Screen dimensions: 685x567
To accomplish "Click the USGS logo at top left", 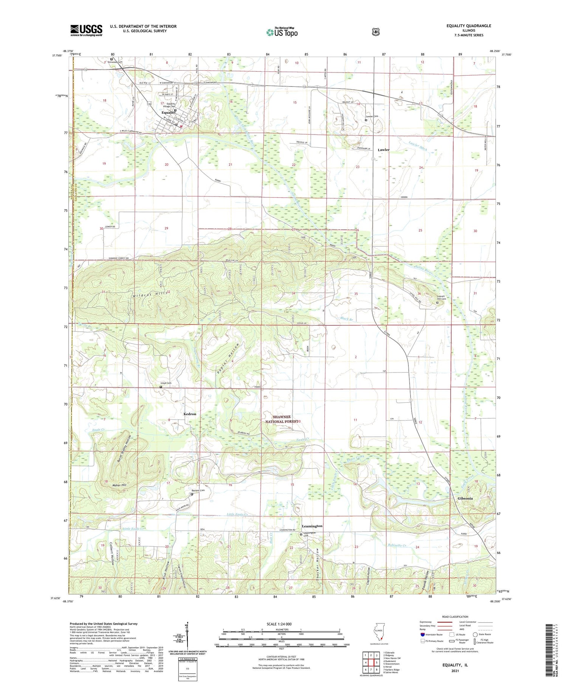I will (86, 30).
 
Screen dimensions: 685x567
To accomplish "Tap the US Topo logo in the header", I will (282, 32).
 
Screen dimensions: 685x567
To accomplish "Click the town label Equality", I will (168, 113).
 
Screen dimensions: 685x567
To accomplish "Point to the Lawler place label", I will (383, 150).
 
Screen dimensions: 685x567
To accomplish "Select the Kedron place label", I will (190, 414).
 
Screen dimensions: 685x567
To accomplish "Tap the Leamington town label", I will (312, 526).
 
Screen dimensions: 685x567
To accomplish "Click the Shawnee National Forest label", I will (281, 419).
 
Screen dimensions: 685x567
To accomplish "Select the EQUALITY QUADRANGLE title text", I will (468, 26).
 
